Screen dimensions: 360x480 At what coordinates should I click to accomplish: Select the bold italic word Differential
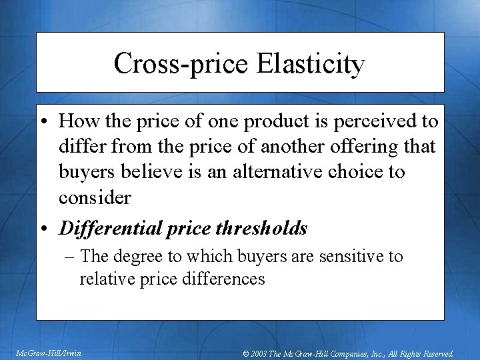(107, 229)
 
